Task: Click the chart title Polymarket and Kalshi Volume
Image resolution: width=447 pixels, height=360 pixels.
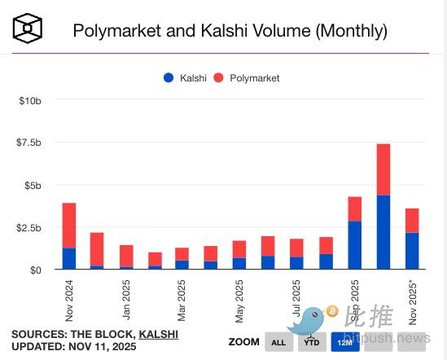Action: tap(230, 31)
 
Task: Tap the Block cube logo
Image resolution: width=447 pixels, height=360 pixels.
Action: tap(28, 31)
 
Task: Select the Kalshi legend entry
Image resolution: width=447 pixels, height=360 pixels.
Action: tap(185, 77)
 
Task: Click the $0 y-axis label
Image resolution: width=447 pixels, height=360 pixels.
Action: tap(34, 270)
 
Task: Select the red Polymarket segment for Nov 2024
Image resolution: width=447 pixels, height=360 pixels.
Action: tap(69, 226)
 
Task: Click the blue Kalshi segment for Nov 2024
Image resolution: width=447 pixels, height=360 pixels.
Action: tap(69, 259)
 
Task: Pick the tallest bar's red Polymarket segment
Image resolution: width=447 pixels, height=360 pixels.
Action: tap(383, 169)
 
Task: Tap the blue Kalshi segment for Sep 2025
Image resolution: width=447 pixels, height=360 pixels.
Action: tap(355, 245)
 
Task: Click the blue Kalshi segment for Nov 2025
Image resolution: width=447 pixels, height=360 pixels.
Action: tap(413, 251)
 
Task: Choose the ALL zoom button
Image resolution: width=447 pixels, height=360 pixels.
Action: tap(278, 342)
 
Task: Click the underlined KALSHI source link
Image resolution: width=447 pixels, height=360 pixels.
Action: tap(159, 334)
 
